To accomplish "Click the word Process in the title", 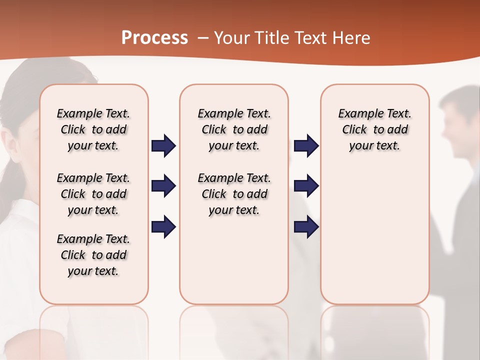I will coord(154,38).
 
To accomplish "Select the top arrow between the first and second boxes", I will coord(163,146).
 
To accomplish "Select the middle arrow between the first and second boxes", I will coord(163,186).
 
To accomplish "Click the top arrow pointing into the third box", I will coord(306,146).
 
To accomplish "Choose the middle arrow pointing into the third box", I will coord(306,186).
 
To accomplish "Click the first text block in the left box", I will coord(93,129).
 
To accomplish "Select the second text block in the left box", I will coord(93,194).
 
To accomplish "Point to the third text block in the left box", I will coord(93,255).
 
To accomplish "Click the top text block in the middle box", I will coord(234,129).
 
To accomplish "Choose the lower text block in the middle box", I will coord(234,194).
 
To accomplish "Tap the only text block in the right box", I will coord(375,129).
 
